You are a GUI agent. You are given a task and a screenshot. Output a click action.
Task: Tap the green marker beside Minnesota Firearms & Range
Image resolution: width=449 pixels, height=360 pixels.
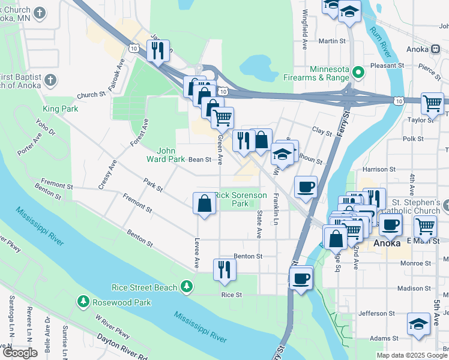(x=359, y=73)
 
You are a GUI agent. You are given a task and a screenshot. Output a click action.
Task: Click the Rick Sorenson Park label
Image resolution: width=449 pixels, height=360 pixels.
(x=240, y=199)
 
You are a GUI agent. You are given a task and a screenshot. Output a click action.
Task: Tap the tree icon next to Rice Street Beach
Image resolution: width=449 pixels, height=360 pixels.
(x=188, y=287)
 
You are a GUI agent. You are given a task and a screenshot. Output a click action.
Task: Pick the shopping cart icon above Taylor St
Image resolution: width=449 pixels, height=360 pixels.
(x=432, y=103)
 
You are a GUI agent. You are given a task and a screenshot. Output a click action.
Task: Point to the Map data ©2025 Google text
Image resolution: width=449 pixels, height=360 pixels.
(x=412, y=355)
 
